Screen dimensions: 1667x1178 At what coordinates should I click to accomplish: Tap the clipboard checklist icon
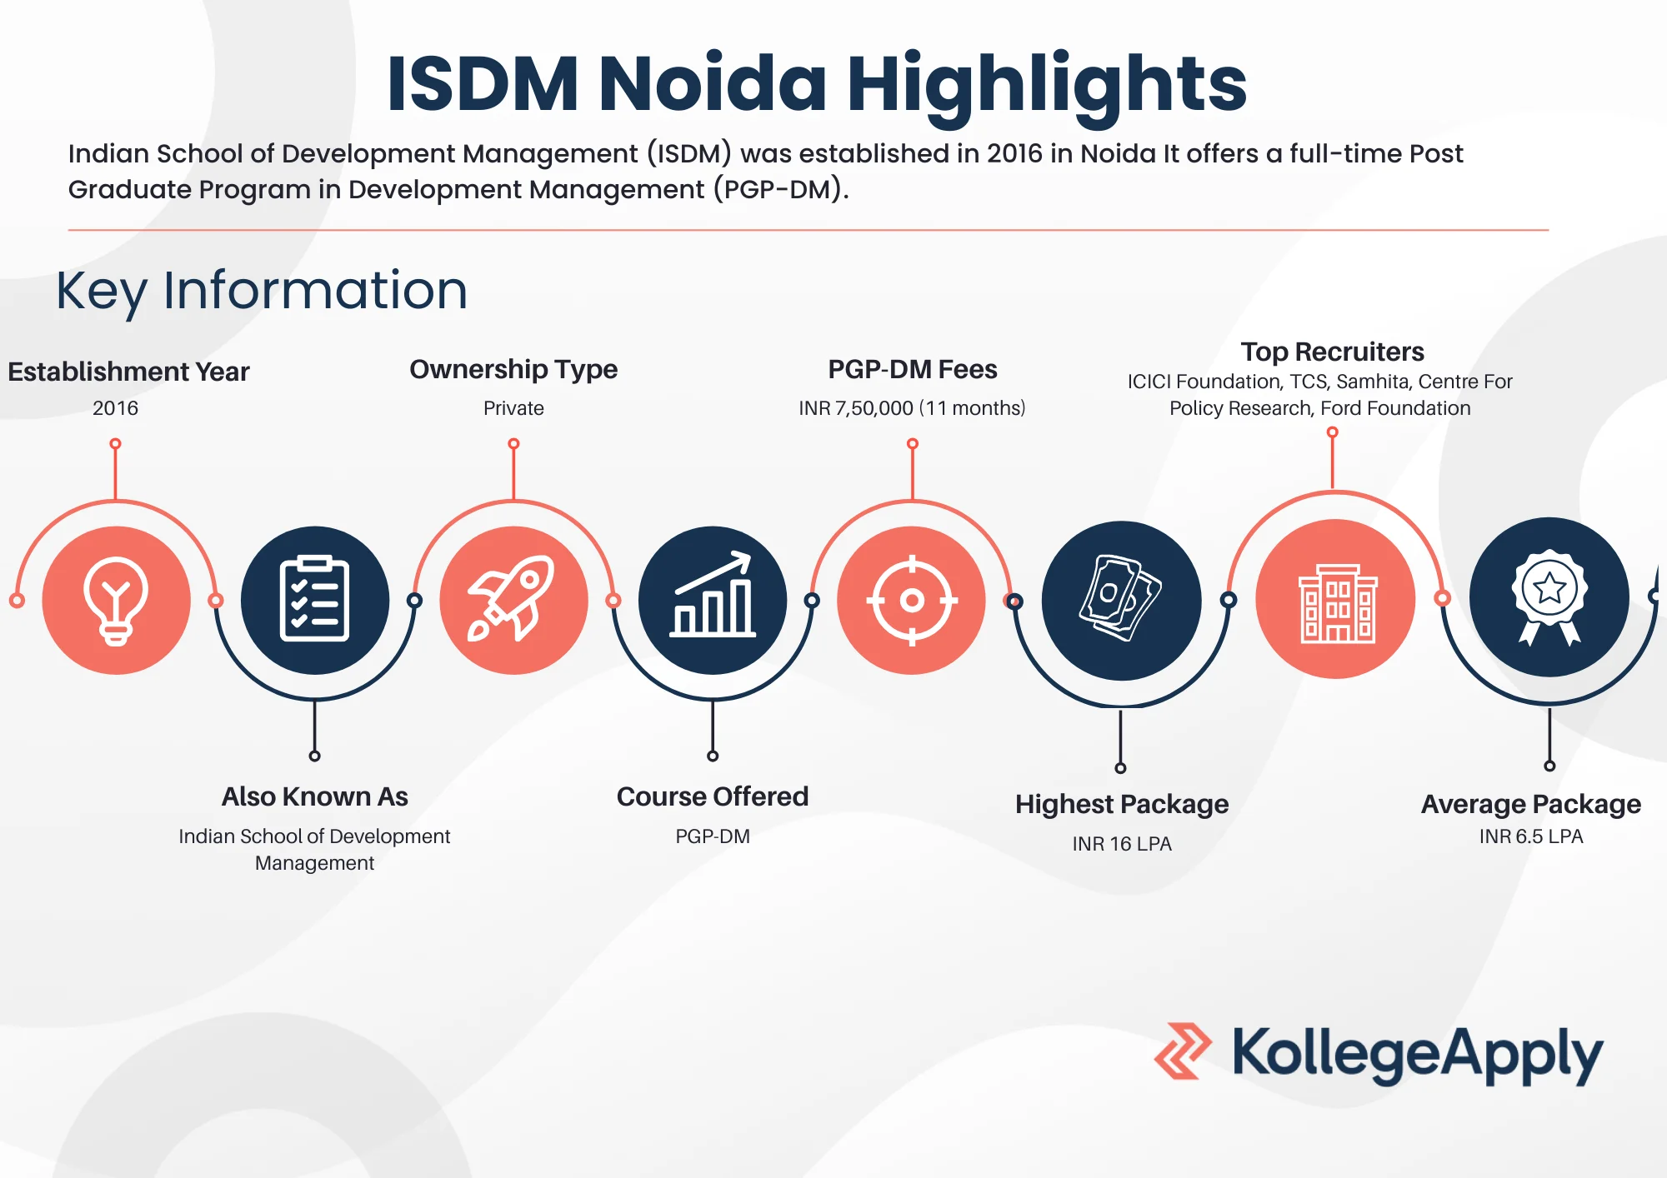point(314,599)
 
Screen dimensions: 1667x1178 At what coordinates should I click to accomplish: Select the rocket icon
point(511,598)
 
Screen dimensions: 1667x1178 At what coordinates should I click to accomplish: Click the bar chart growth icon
point(713,595)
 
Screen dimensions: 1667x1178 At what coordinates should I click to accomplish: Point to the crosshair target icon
point(912,600)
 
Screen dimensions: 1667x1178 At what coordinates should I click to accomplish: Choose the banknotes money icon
point(1120,598)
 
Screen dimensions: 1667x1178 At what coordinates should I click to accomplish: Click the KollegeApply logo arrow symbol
point(1183,1051)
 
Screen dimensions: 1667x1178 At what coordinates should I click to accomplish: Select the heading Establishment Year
point(128,372)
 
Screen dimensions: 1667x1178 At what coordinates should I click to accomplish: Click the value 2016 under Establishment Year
point(115,408)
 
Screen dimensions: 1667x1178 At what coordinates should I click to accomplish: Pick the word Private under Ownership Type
point(513,408)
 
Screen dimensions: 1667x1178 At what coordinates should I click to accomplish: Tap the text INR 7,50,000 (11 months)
point(912,408)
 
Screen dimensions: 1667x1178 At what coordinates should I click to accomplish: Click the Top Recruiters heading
point(1332,352)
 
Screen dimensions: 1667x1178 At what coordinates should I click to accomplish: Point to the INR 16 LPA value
point(1122,844)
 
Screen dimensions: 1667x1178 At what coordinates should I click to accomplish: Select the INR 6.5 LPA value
point(1531,836)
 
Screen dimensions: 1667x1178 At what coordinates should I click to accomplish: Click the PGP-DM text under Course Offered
point(713,836)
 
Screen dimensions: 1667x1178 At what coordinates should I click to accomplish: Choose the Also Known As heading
point(314,797)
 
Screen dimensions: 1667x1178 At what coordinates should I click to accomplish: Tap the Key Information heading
point(262,291)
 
